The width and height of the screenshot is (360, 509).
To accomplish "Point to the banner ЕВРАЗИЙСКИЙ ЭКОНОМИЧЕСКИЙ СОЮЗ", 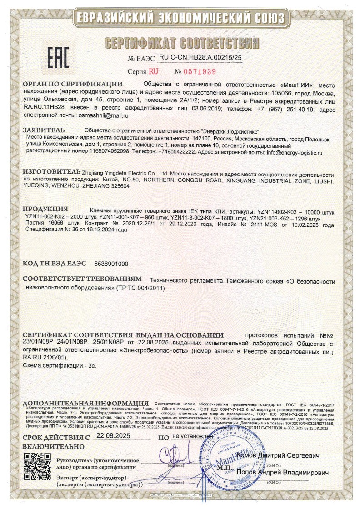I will point(180,18).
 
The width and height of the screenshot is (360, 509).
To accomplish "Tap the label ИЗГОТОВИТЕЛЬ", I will point(51,173).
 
